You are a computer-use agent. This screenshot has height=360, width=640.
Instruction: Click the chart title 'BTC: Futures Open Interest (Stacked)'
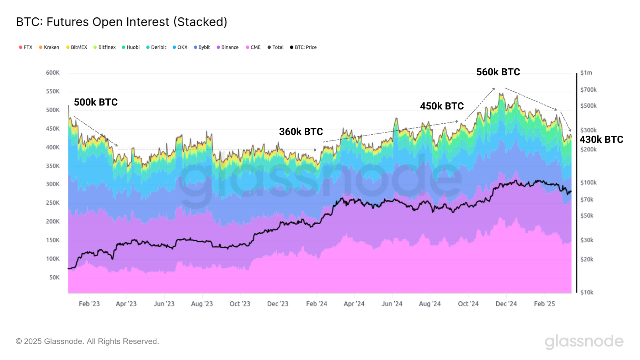pos(122,22)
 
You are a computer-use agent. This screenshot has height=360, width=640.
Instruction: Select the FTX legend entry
pos(26,47)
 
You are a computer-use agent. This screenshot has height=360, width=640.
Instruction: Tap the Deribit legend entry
pos(156,47)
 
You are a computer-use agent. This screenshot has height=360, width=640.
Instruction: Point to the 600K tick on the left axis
pos(53,73)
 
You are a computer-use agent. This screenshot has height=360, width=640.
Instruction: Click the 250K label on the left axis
pos(53,203)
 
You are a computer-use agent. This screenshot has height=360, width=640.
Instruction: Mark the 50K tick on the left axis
pos(54,278)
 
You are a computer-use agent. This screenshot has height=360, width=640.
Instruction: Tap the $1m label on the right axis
pos(586,73)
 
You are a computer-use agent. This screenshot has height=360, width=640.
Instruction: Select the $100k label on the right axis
pos(588,183)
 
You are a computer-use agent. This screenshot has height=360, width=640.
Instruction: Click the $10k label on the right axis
pos(587,292)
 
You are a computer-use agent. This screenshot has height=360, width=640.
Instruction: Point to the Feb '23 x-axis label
pos(89,304)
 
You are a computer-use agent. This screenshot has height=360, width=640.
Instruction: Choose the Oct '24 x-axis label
pos(468,304)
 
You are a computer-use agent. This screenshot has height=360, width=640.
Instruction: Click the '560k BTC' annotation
pos(498,72)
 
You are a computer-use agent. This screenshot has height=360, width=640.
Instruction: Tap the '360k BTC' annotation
pos(301,132)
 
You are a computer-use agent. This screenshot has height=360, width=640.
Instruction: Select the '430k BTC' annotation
pos(601,140)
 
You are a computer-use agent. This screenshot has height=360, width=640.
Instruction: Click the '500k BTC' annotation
pos(96,102)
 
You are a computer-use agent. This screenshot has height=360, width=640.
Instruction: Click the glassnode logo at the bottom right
pos(584,342)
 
